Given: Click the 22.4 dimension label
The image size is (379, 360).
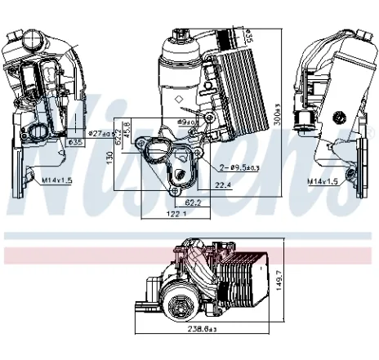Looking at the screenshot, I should coord(223,184).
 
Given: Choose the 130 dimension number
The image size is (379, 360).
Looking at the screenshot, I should coord(110,161).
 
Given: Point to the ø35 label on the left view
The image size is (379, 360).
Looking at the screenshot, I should coord(75,143).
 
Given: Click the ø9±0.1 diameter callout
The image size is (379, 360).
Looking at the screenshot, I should coord(189,122).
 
